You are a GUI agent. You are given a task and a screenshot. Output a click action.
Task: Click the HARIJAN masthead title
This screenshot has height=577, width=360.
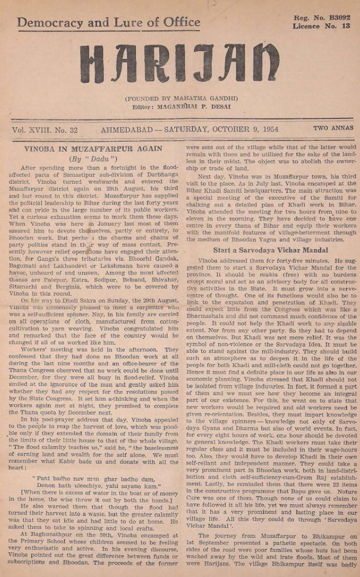179,63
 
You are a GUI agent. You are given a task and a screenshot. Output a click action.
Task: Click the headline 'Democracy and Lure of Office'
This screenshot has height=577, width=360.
109,22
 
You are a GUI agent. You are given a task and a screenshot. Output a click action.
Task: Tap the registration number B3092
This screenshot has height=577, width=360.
338,18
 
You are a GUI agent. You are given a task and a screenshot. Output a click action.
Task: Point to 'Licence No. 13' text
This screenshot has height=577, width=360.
321,26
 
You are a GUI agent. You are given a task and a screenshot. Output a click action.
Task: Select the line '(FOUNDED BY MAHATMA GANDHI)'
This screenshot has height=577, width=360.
181,98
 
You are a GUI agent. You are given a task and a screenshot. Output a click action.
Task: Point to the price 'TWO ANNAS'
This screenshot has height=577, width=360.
333,128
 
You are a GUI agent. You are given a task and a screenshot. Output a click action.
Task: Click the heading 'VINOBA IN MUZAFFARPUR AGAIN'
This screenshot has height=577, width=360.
93,149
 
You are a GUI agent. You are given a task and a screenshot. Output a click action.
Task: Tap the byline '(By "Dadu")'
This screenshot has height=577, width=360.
94,158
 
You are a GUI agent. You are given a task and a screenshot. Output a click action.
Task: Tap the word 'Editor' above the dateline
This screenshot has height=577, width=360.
148,107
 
